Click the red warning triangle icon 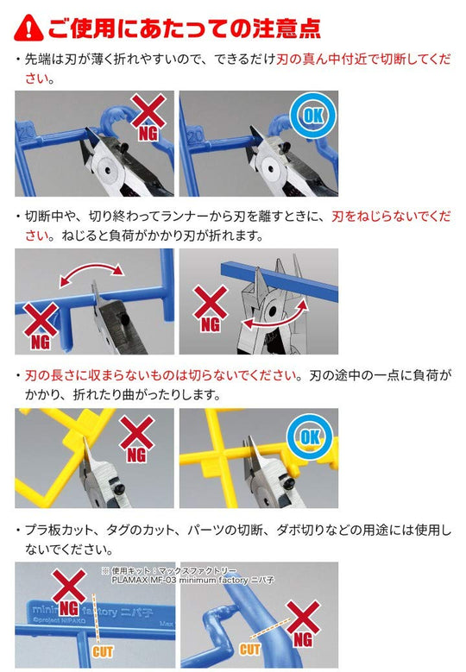pyautogui.click(x=28, y=28)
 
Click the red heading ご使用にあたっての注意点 pyautogui.click(x=185, y=28)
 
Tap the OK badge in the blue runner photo pyautogui.click(x=313, y=116)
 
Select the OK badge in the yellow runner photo pyautogui.click(x=310, y=436)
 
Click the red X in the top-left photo pyautogui.click(x=148, y=111)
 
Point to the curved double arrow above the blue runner pyautogui.click(x=91, y=273)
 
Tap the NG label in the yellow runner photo pyautogui.click(x=136, y=455)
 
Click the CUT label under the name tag pyautogui.click(x=103, y=652)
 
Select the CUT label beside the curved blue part pyautogui.click(x=250, y=649)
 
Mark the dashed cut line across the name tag pyautogui.click(x=95, y=618)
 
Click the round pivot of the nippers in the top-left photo pyautogui.click(x=107, y=169)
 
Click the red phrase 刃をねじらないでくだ pyautogui.click(x=391, y=216)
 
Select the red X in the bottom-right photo pyautogui.click(x=304, y=617)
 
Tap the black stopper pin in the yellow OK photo pyautogui.click(x=289, y=482)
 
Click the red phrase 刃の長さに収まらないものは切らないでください pyautogui.click(x=161, y=375)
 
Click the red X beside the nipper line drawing pyautogui.click(x=211, y=303)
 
